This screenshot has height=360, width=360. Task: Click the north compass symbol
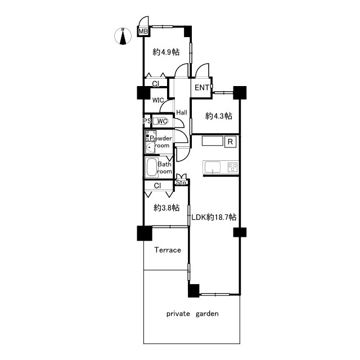(123, 36)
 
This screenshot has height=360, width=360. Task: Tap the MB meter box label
(143, 31)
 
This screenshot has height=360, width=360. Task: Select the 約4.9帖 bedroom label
(166, 52)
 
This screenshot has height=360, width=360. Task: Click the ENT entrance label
(202, 88)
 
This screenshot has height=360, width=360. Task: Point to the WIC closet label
(158, 100)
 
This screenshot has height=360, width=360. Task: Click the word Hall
(182, 112)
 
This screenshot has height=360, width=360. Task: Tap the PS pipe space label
(147, 121)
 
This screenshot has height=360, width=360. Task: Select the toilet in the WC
(161, 121)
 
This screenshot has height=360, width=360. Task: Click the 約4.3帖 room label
(219, 116)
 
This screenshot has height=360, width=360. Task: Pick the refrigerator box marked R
(230, 142)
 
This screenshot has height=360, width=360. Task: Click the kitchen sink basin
(213, 166)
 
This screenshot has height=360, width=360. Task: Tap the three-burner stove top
(232, 167)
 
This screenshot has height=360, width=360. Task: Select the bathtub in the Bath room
(151, 168)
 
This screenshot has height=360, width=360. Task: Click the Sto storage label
(181, 182)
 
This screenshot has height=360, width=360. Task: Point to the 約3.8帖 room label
(166, 208)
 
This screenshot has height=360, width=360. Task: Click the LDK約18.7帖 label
(214, 217)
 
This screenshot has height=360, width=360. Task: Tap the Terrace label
(168, 250)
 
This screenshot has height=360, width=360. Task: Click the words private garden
(192, 314)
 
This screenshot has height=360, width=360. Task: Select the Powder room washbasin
(150, 147)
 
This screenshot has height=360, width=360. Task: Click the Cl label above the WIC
(156, 84)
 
